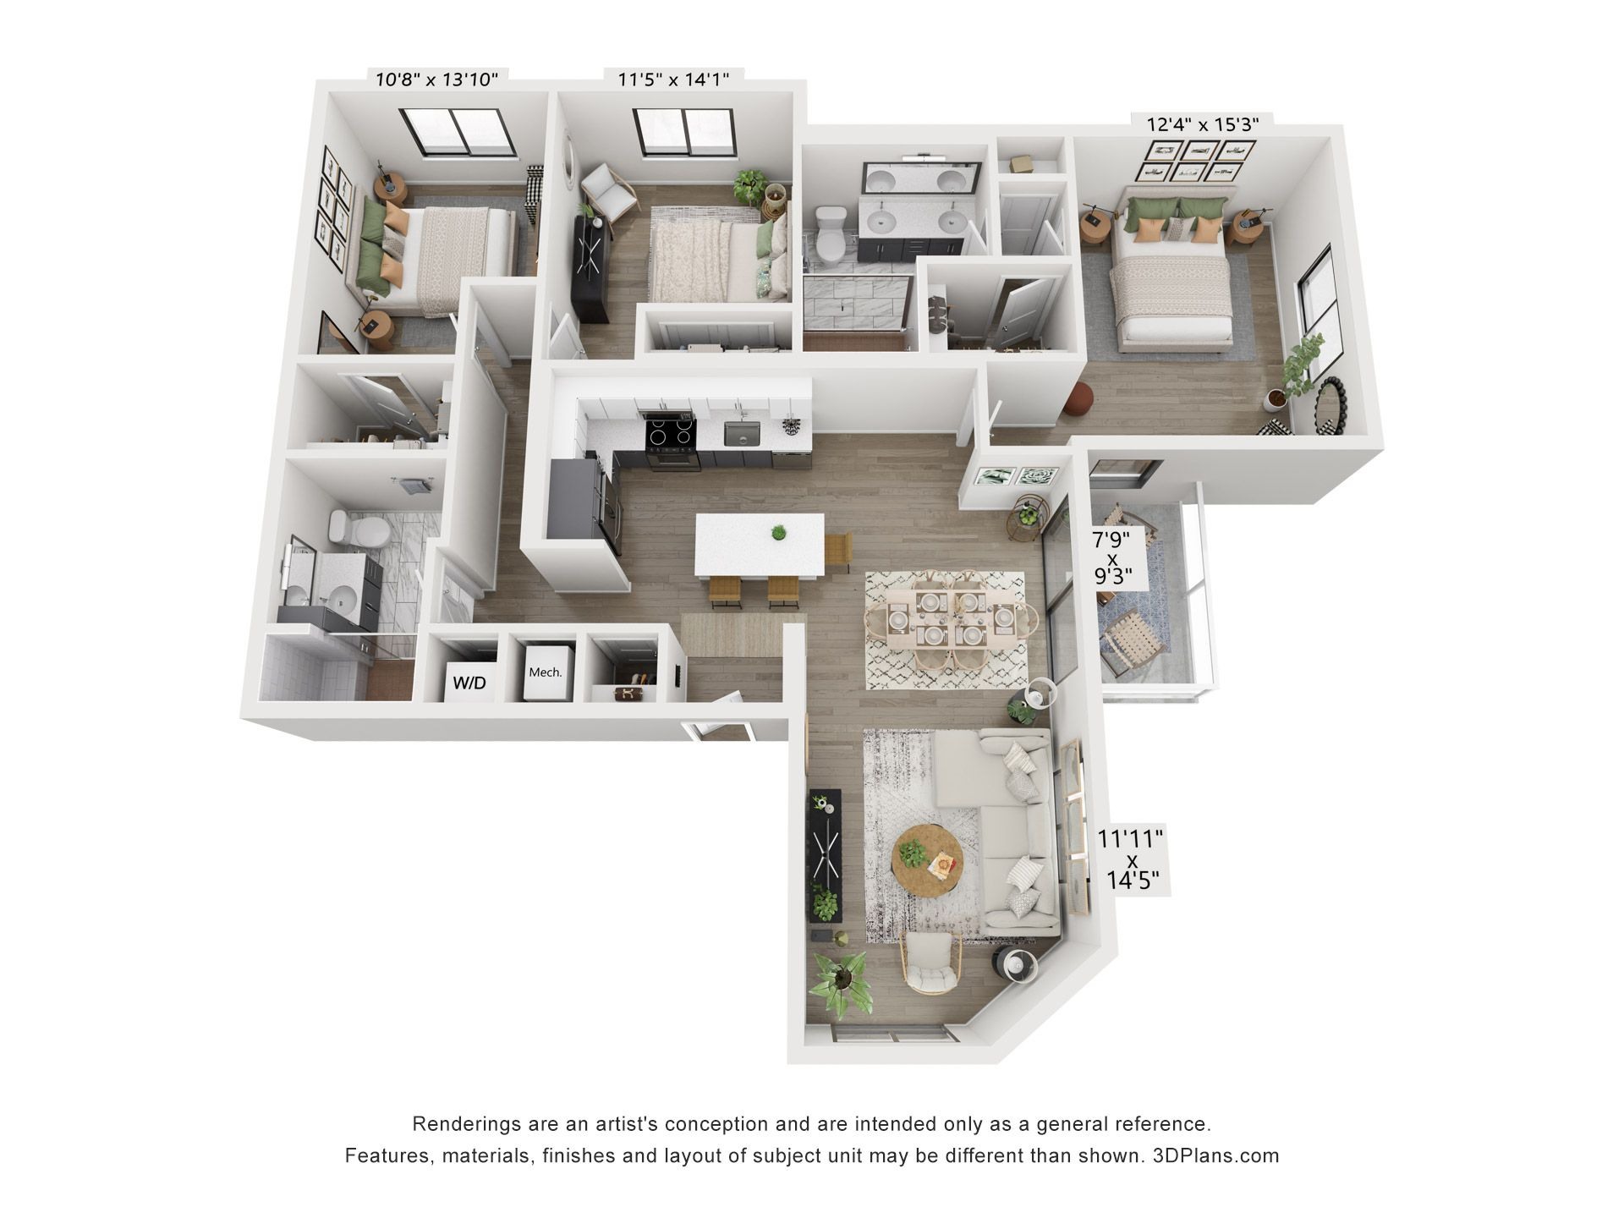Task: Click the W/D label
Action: [469, 683]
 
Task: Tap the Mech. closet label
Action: [545, 672]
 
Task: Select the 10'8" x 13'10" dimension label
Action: [436, 80]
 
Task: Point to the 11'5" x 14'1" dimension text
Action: [673, 80]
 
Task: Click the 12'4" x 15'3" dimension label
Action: [1203, 123]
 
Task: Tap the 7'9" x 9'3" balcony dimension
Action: [1112, 558]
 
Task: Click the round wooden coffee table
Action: [928, 865]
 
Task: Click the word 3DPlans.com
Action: [1215, 1156]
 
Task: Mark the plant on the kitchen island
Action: [778, 533]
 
